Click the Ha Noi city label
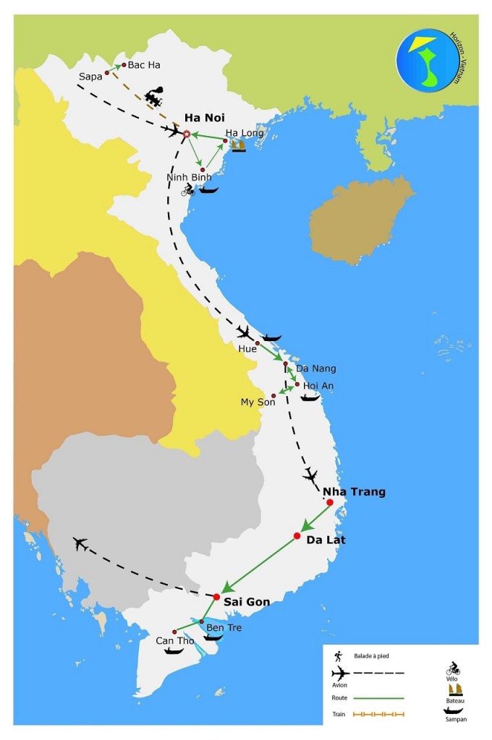205,118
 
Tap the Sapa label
90,75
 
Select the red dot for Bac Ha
124,64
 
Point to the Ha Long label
245,133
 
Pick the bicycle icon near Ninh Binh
187,190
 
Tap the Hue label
247,348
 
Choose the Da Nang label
316,369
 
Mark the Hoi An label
318,386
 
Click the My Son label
258,402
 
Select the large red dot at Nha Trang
329,503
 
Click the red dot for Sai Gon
216,597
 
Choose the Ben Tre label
224,627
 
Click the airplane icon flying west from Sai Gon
80,543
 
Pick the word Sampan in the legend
454,720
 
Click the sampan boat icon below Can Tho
174,650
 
